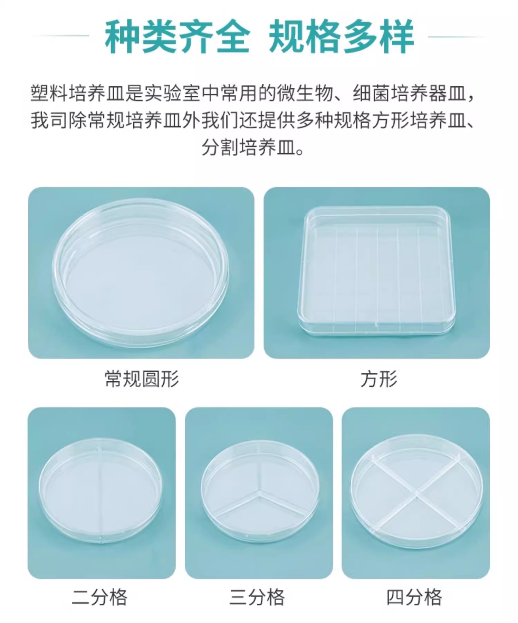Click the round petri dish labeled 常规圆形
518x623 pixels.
point(140,273)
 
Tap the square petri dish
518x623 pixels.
point(376,271)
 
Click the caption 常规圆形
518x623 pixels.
point(142,379)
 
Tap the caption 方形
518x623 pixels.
point(379,379)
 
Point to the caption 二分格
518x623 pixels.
point(100,597)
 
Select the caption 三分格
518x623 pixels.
point(257,597)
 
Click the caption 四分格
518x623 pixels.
point(414,597)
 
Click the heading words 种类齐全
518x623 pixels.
point(177,37)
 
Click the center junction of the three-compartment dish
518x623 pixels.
point(257,491)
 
